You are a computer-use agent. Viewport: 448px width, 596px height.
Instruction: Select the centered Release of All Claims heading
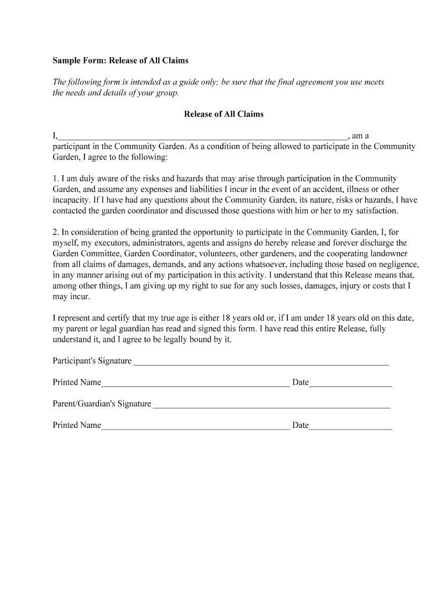tap(223, 114)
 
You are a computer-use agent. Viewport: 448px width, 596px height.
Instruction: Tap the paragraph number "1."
tap(56, 179)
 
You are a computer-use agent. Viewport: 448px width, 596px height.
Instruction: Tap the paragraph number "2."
tap(56, 232)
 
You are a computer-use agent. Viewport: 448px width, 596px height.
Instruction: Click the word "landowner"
tap(389, 254)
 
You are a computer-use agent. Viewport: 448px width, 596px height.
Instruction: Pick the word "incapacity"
tap(72, 200)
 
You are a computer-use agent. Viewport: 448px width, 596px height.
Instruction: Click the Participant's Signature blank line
tap(261, 363)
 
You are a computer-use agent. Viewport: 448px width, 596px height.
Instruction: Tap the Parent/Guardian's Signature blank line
tap(271, 406)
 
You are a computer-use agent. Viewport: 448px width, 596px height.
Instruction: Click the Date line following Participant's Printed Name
tap(351, 384)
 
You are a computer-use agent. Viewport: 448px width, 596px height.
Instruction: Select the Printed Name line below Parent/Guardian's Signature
tap(195, 427)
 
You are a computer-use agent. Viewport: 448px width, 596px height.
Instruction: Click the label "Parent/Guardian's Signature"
tap(102, 404)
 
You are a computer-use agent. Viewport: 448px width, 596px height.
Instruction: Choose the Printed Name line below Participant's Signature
tap(195, 384)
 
